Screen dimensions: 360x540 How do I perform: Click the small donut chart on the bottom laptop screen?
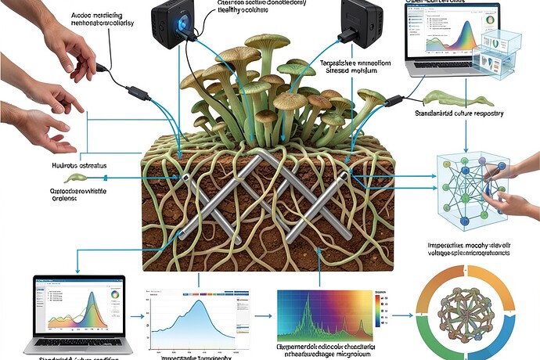[114, 295]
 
